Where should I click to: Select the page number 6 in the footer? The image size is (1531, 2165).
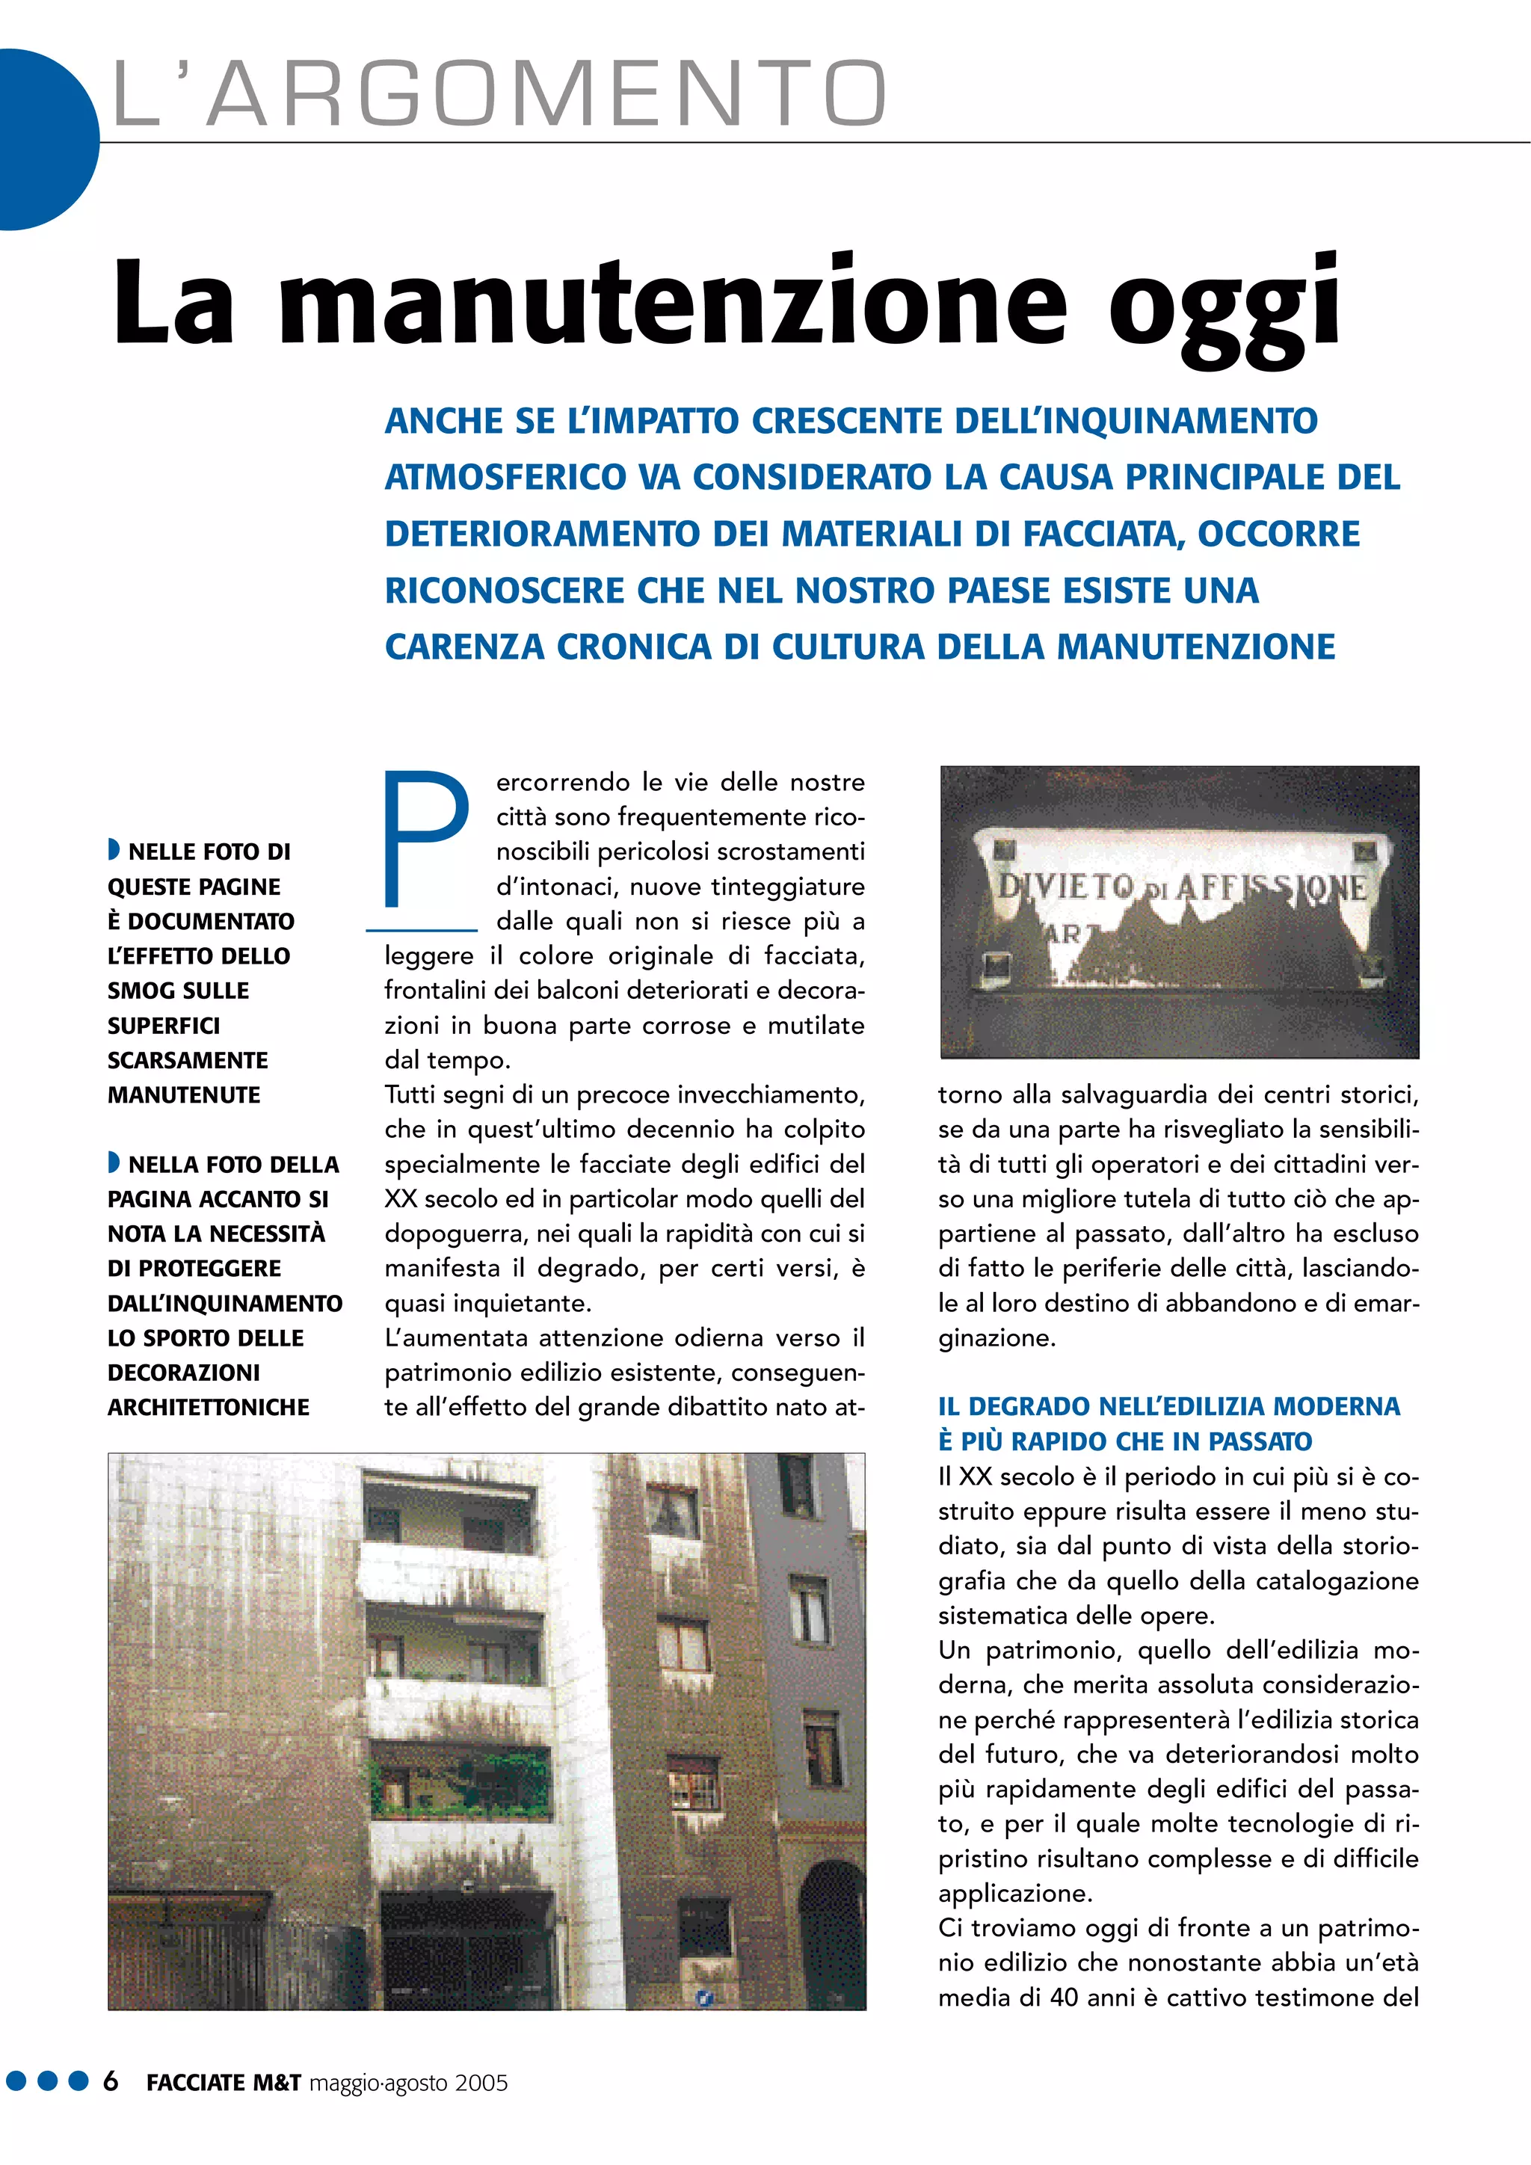(111, 2082)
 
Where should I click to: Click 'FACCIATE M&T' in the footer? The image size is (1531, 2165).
(224, 2083)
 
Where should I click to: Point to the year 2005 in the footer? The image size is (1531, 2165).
(481, 2083)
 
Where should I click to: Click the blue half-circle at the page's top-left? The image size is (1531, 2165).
(43, 140)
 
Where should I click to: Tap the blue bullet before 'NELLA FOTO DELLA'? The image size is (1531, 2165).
(113, 1162)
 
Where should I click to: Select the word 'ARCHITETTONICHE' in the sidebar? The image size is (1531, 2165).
(209, 1408)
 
